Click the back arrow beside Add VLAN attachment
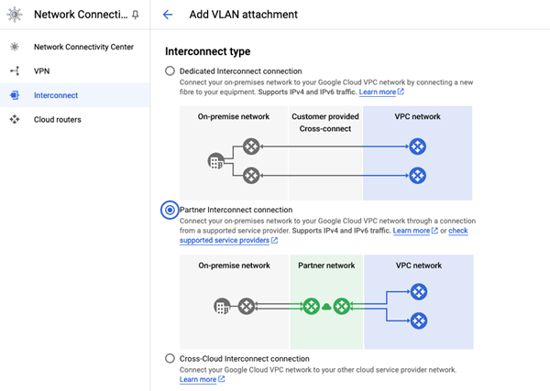click(167, 15)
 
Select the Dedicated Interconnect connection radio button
click(170, 71)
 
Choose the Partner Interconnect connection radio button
click(170, 210)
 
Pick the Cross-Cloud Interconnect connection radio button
click(170, 358)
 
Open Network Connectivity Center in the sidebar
click(83, 46)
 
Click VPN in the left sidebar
click(42, 70)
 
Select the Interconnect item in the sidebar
click(55, 94)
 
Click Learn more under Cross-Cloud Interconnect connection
click(199, 379)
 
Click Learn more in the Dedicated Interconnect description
click(378, 92)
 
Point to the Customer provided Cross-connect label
click(325, 123)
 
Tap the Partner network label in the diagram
click(326, 266)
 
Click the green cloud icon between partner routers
click(326, 307)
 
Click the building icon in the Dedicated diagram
click(215, 161)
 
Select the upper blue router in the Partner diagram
click(418, 292)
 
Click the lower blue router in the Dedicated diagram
click(418, 175)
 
